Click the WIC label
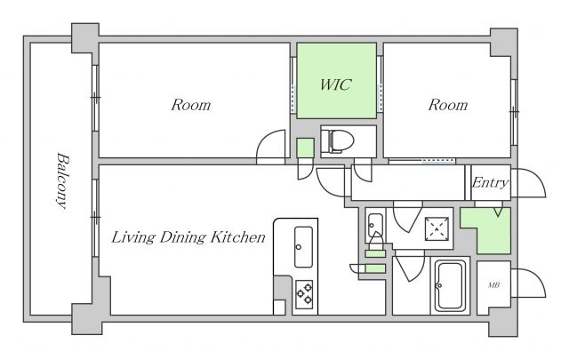(x=336, y=84)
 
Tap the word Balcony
(x=63, y=180)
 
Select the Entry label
(x=490, y=182)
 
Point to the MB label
(x=493, y=285)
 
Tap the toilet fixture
(x=337, y=140)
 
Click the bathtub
(x=450, y=285)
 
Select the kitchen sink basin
(x=303, y=247)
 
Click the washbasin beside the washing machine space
(x=375, y=226)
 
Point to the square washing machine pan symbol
(x=437, y=228)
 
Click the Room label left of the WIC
(x=190, y=105)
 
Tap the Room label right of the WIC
(x=448, y=105)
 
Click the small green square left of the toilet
(x=305, y=148)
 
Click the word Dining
(x=183, y=237)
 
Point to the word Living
(x=133, y=237)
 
